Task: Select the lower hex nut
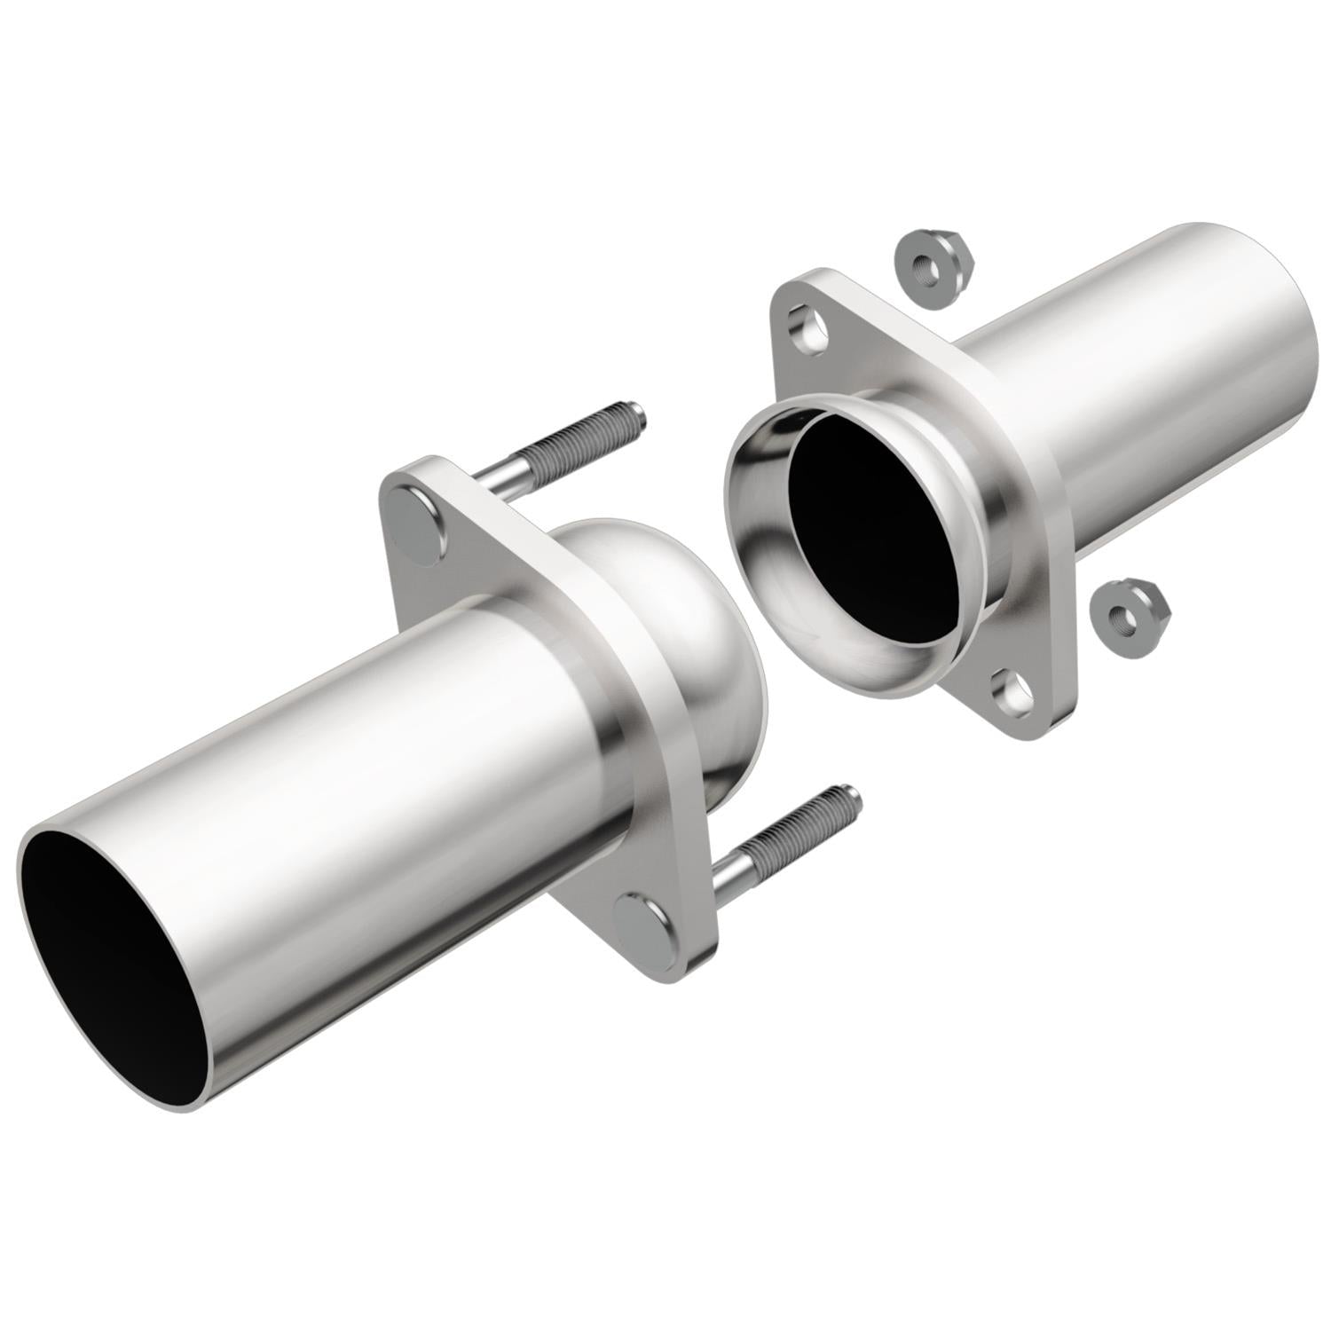coord(1129,612)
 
